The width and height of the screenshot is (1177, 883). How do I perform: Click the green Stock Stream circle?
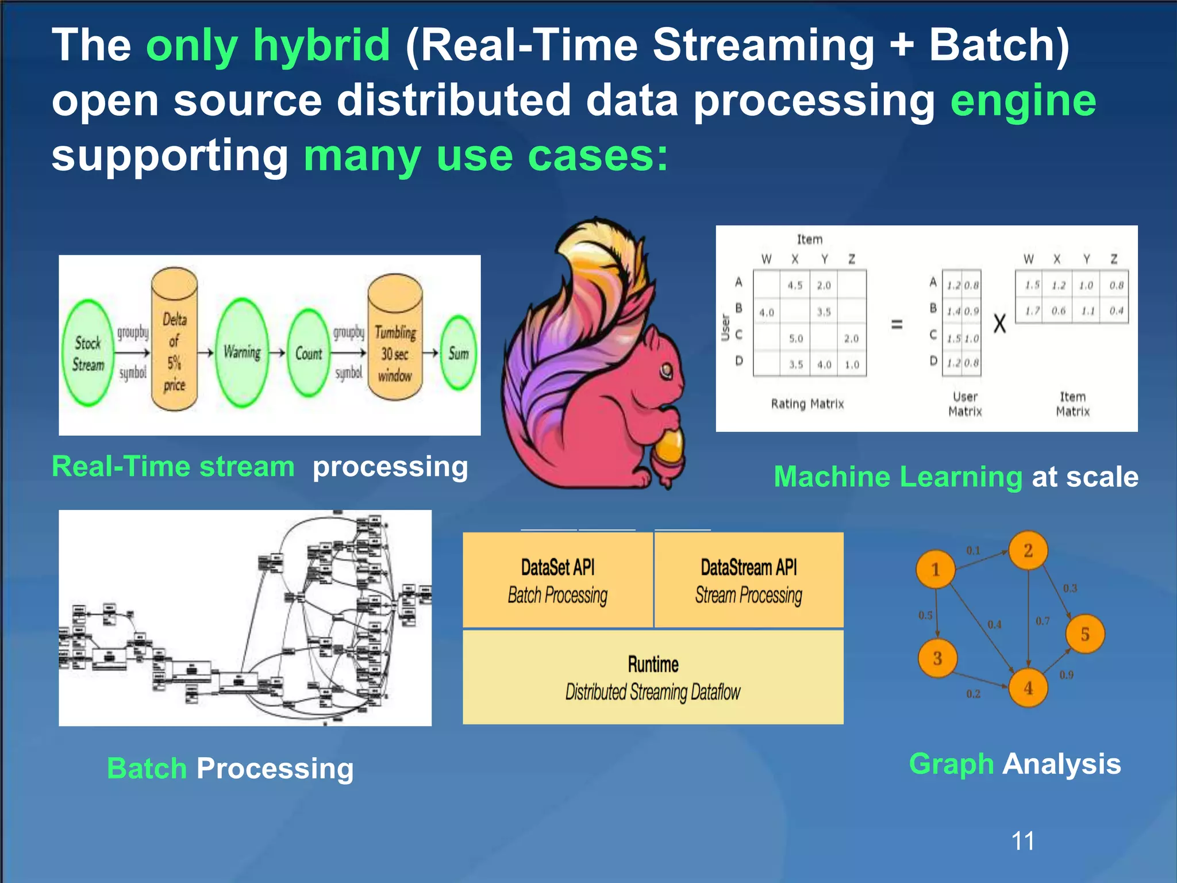pos(88,353)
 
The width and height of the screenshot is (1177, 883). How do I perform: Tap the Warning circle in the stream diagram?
pos(242,352)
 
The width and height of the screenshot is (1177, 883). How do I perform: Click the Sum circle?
pos(459,353)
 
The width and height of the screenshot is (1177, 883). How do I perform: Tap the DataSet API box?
pos(557,579)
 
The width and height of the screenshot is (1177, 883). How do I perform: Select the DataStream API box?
pos(748,579)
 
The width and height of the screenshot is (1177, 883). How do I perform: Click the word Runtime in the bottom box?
pos(653,664)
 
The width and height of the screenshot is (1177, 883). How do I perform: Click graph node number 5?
pos(1084,634)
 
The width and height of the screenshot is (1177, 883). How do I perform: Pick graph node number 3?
pos(937,658)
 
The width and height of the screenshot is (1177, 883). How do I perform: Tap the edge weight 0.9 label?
pos(1066,675)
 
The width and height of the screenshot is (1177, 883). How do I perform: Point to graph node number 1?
pos(935,570)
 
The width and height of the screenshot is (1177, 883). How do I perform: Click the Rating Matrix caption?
pos(807,404)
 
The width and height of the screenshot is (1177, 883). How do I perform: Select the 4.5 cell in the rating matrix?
pos(795,285)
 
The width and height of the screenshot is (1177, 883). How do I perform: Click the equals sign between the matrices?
pos(896,324)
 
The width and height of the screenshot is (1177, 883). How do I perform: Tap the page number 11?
pos(1022,841)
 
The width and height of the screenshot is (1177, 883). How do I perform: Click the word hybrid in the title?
pos(321,46)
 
